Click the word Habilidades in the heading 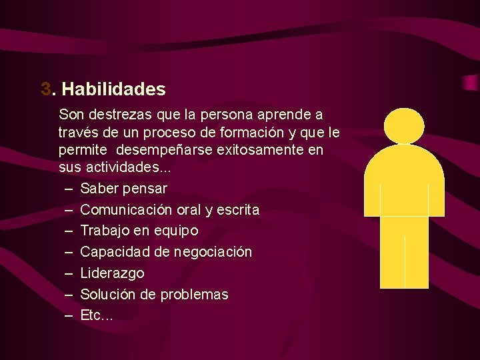(x=113, y=89)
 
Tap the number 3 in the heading (x=45, y=89)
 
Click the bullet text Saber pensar (x=123, y=189)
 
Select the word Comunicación (x=127, y=210)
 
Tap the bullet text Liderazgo (x=112, y=273)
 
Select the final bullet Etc (x=96, y=315)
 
